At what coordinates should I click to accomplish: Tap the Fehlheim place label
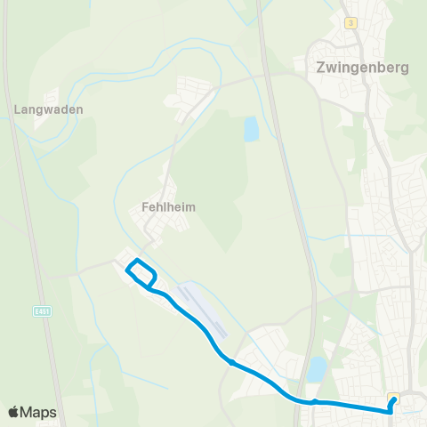[x=168, y=206]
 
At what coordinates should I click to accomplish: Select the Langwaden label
[x=49, y=109]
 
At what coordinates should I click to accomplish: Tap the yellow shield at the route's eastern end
[x=393, y=398]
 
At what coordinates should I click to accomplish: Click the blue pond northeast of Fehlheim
[x=251, y=131]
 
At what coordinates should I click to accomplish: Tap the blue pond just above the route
[x=317, y=369]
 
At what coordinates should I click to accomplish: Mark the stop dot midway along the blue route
[x=231, y=362]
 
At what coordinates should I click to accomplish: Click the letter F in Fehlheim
[x=145, y=206]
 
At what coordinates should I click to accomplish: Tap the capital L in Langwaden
[x=18, y=109]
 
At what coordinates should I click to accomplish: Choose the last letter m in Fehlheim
[x=190, y=206]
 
